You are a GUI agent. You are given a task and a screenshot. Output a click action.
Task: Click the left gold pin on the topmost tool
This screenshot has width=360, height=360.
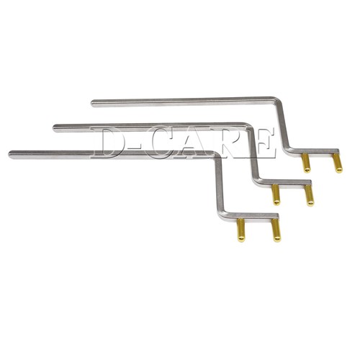coord(306,163)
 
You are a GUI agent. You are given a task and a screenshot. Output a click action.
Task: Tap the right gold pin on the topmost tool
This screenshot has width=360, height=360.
coord(337,163)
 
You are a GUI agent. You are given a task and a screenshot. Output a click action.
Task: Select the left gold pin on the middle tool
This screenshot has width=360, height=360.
coord(276,194)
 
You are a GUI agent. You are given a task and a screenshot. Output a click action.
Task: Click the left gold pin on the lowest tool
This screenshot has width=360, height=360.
coord(241,230)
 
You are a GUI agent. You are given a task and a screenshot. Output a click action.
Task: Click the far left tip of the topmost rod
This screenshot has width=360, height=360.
coord(94,103)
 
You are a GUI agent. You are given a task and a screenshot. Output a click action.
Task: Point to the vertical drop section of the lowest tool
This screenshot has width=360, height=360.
coord(219,184)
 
